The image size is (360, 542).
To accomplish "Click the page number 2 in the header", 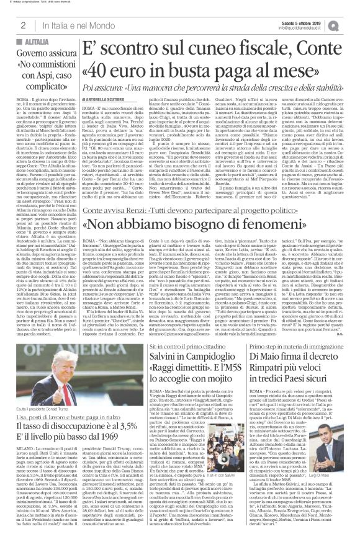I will click(22, 25).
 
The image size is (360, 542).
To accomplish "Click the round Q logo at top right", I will click(351, 24).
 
